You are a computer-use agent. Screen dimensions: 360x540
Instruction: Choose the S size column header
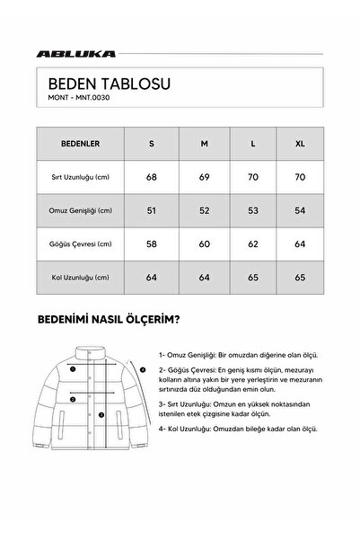click(150, 142)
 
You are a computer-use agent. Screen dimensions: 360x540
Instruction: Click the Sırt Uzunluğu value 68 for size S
click(150, 176)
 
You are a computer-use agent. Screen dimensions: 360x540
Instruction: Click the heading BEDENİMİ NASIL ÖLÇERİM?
click(108, 318)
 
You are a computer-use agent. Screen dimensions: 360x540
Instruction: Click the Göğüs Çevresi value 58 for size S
click(150, 243)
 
